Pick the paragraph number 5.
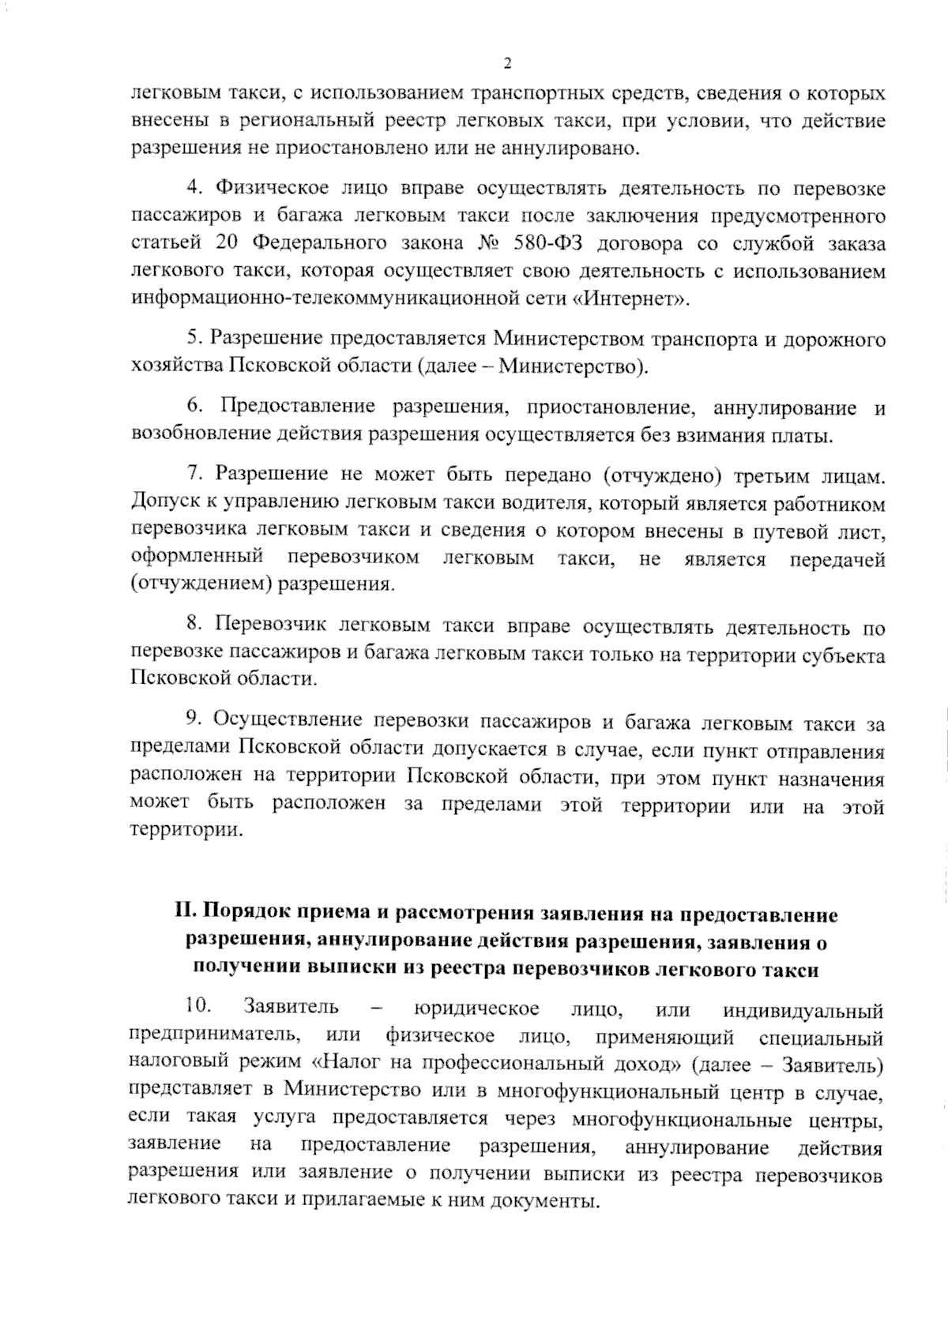click(193, 339)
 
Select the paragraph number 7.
click(193, 474)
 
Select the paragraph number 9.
click(193, 721)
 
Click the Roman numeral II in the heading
click(185, 914)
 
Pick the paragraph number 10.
click(197, 1008)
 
